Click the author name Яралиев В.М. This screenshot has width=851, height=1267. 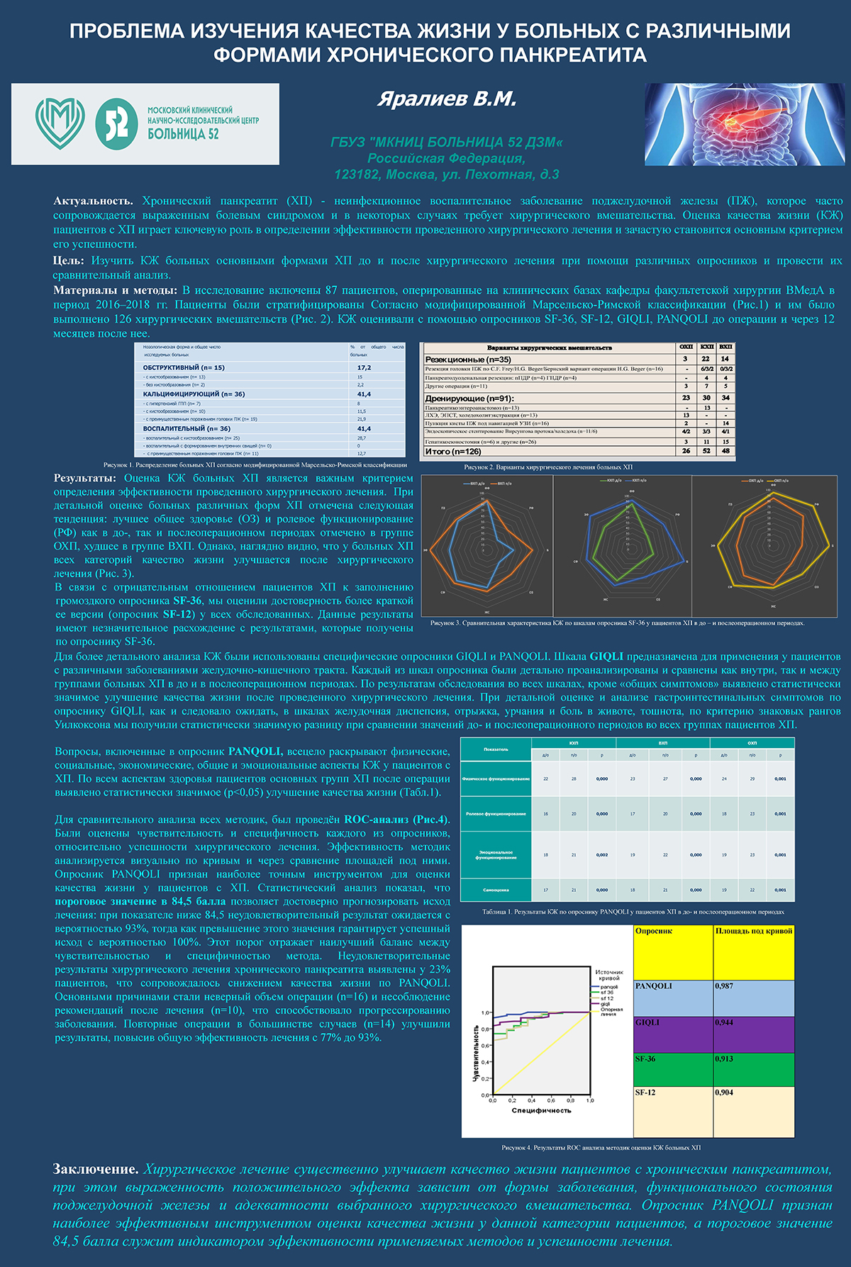pyautogui.click(x=446, y=99)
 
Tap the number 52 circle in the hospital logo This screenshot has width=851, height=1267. pyautogui.click(x=116, y=123)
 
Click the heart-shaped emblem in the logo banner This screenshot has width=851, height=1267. pyautogui.click(x=60, y=123)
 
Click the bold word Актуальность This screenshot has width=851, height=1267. pyautogui.click(x=93, y=201)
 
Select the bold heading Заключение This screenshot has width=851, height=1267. pyautogui.click(x=96, y=1169)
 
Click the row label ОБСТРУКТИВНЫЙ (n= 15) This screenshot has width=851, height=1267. pyautogui.click(x=184, y=367)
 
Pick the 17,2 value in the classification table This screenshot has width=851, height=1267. pyautogui.click(x=364, y=367)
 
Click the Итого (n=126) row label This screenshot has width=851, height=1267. pyautogui.click(x=453, y=451)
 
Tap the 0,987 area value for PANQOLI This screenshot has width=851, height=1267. pyautogui.click(x=724, y=986)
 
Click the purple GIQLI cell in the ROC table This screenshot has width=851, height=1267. pyautogui.click(x=672, y=1034)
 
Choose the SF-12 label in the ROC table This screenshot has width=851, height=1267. pyautogui.click(x=645, y=1093)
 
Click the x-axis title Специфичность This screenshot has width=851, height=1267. pyautogui.click(x=541, y=1110)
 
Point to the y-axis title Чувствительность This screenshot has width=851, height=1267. pyautogui.click(x=476, y=1052)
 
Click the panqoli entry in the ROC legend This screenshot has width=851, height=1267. pyautogui.click(x=609, y=986)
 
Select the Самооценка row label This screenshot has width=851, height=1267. pyautogui.click(x=496, y=890)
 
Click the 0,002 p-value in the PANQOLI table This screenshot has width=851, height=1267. pyautogui.click(x=602, y=855)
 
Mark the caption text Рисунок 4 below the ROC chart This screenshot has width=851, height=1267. pyautogui.click(x=601, y=1147)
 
